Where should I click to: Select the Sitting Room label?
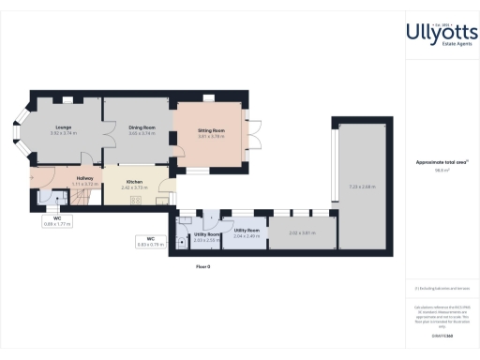click(x=211, y=133)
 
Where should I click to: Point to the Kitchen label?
click(x=134, y=183)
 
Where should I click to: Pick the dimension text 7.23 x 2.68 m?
click(x=362, y=187)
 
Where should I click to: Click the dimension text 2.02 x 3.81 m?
click(x=301, y=232)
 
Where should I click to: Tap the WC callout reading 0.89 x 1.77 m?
click(x=56, y=222)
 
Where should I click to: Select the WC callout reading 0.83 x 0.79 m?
click(x=149, y=241)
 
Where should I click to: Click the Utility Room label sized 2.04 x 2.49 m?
click(x=247, y=232)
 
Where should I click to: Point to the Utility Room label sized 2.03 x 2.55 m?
click(x=206, y=236)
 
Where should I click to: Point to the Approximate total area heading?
click(x=442, y=162)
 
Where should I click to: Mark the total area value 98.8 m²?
click(x=442, y=170)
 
